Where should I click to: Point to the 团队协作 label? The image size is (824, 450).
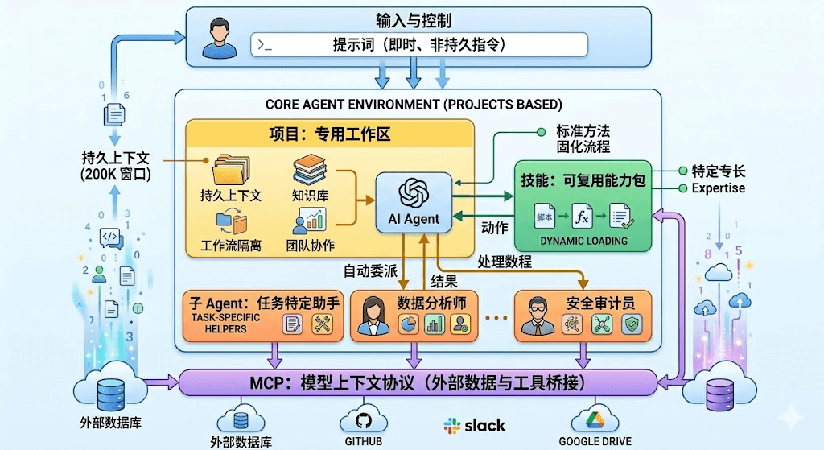point(310,245)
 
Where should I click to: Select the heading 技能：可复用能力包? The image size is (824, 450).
point(583,180)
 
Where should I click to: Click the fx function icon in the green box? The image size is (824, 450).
point(582,216)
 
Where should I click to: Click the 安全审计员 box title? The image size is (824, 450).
point(600,303)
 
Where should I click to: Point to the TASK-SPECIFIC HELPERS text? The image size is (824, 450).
point(220,324)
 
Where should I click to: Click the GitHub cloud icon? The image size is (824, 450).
point(364,419)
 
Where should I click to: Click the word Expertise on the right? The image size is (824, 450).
point(718,188)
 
